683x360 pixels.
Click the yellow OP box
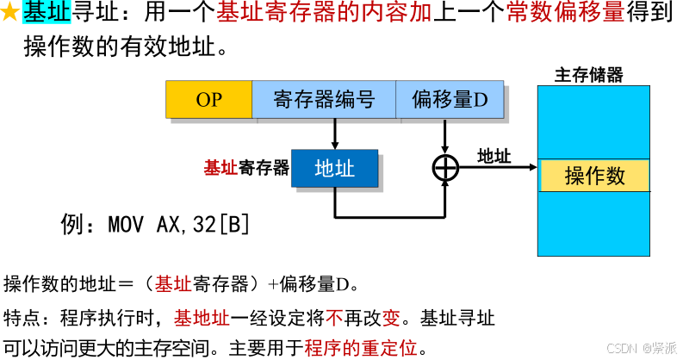click(x=208, y=99)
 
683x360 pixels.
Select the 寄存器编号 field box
click(x=324, y=99)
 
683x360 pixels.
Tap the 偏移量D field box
click(x=450, y=99)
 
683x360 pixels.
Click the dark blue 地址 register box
click(x=334, y=168)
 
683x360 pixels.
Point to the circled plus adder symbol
click(x=444, y=167)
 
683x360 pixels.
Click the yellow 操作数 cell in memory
click(x=594, y=176)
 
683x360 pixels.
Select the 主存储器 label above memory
click(x=588, y=75)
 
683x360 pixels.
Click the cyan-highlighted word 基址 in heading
click(x=46, y=13)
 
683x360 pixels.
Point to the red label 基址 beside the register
click(x=220, y=167)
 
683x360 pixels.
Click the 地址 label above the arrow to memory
click(x=494, y=156)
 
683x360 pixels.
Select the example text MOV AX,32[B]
click(x=179, y=225)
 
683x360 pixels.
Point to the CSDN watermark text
click(x=641, y=348)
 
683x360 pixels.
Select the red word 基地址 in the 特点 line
click(x=202, y=318)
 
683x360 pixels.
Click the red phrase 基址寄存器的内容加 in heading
click(x=323, y=13)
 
